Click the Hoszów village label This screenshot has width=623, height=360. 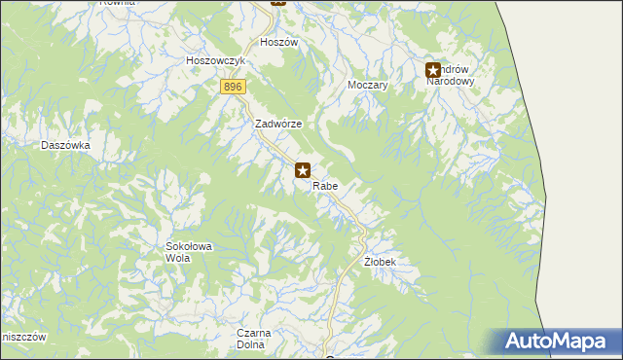click(x=278, y=43)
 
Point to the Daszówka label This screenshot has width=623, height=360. click(x=65, y=145)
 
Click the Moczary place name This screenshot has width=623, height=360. click(x=368, y=86)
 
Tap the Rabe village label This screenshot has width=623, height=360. click(x=326, y=185)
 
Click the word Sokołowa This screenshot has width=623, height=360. click(x=189, y=247)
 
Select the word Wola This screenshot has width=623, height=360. click(x=177, y=259)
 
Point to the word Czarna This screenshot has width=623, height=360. click(x=252, y=333)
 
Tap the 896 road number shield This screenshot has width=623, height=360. click(x=232, y=88)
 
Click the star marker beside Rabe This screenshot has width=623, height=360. click(x=303, y=170)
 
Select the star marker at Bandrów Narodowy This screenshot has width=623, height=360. click(x=433, y=70)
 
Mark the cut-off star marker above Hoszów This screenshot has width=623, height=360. click(x=278, y=3)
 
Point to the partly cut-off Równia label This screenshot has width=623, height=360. click(x=116, y=3)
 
